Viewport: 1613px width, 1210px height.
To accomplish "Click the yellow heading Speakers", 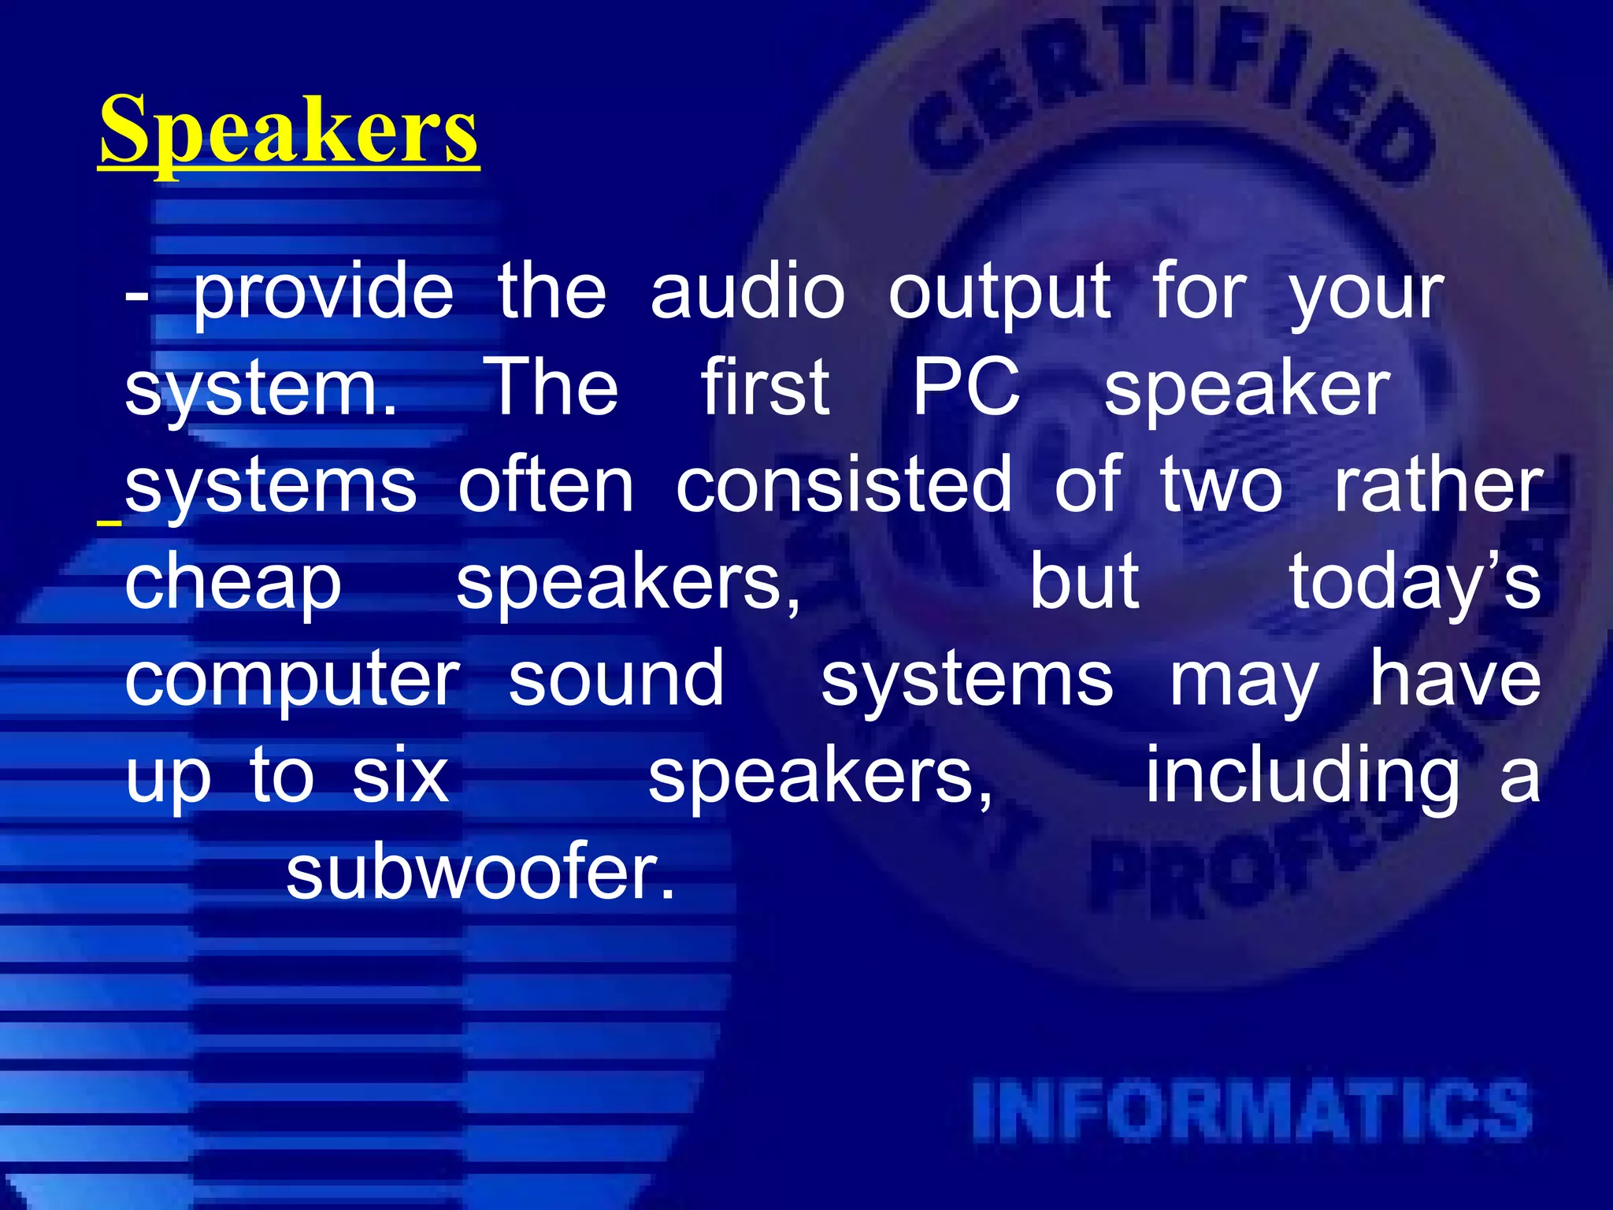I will tap(288, 130).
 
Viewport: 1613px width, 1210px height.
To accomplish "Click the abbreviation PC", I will tap(966, 388).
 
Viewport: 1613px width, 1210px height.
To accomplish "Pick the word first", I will tap(765, 388).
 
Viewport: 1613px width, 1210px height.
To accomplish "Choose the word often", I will tap(546, 485).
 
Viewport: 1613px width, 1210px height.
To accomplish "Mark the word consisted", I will tap(844, 485).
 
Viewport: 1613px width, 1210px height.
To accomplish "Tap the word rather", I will tap(1437, 485).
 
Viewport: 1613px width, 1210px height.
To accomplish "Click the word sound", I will tap(616, 679).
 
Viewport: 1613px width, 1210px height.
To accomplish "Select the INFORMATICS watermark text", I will tap(1252, 1112).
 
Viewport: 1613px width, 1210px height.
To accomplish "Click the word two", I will tap(1222, 485).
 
